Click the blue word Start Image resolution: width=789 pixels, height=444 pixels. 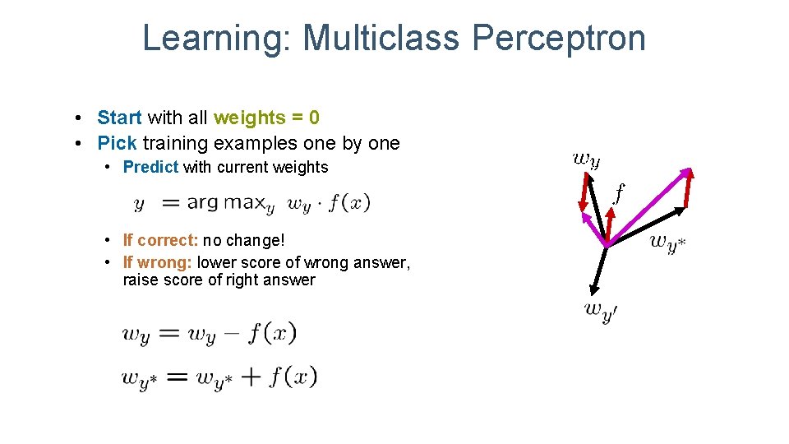pyautogui.click(x=120, y=118)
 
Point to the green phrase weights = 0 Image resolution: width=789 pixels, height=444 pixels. pyautogui.click(x=266, y=118)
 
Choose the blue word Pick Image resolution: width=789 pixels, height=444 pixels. pyautogui.click(x=117, y=143)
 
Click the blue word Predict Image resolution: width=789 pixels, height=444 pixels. pyautogui.click(x=150, y=168)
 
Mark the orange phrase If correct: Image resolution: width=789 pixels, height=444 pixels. pyautogui.click(x=160, y=240)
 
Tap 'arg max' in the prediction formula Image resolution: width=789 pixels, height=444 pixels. pyautogui.click(x=225, y=202)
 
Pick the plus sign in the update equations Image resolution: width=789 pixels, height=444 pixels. pyautogui.click(x=251, y=377)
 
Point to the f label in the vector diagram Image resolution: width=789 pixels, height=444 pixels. pyautogui.click(x=618, y=193)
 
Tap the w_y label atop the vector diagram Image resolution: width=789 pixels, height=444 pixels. pyautogui.click(x=586, y=158)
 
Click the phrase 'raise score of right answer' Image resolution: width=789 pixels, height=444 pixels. pyautogui.click(x=219, y=280)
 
